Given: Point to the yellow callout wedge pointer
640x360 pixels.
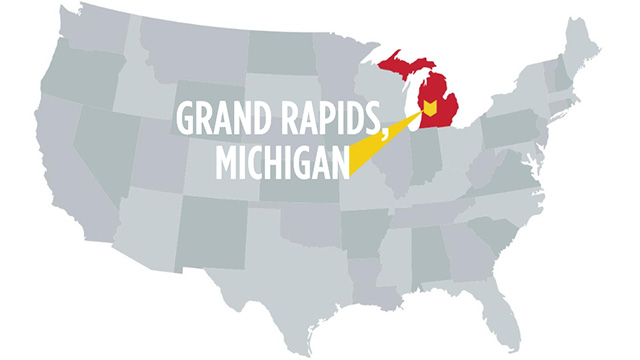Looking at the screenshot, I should [385, 140].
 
